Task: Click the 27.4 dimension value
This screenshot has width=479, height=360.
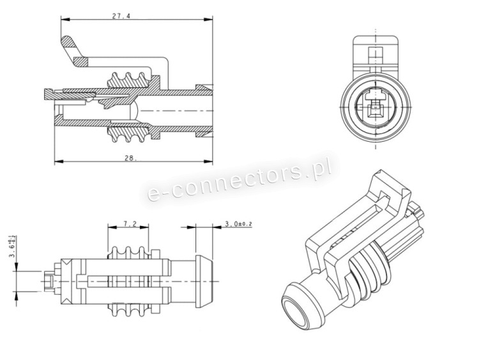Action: coord(121,16)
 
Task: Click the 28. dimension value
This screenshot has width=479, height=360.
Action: coord(130,158)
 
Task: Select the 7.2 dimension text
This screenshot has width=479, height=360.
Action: coord(130,224)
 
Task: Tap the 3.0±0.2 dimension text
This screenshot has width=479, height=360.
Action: coord(238,224)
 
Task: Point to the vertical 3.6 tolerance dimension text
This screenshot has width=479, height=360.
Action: coord(13,247)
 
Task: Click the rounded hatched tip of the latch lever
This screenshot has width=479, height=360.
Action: coord(66,41)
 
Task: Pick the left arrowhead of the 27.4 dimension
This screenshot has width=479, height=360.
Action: coord(65,19)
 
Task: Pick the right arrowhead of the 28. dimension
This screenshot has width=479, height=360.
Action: coord(208,161)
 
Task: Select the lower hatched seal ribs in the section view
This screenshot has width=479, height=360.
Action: coord(129,134)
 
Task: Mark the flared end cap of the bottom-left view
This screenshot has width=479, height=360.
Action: coord(204,281)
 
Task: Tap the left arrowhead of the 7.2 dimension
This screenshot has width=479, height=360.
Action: coord(112,227)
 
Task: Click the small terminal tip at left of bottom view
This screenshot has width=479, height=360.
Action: coord(49,281)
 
